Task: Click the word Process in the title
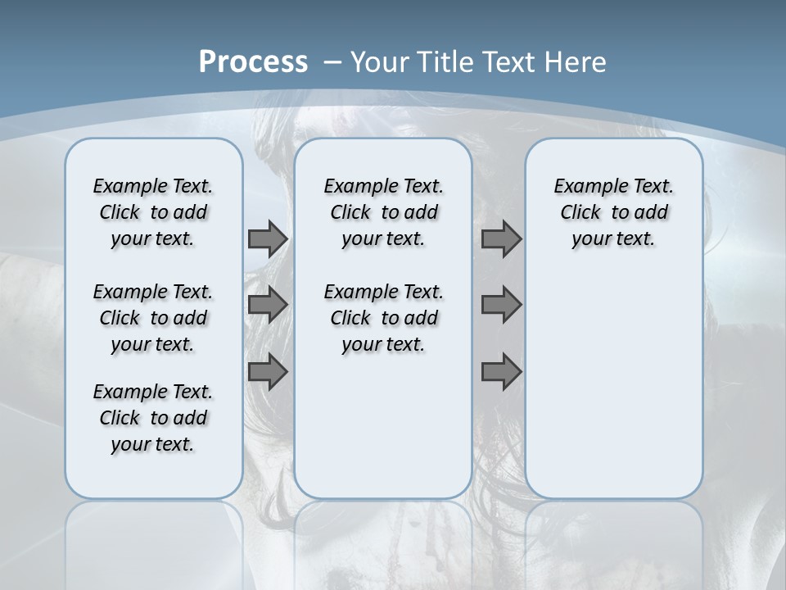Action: [x=253, y=61]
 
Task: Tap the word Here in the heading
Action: [x=576, y=61]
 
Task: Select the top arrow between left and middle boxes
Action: [x=267, y=238]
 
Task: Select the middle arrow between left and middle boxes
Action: [x=267, y=305]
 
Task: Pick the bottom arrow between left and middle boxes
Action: [x=267, y=372]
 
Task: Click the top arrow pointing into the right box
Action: [x=501, y=238]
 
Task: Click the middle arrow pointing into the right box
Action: [x=501, y=305]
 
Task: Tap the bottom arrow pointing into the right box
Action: [x=501, y=372]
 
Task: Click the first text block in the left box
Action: [x=152, y=212]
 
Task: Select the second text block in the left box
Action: [x=152, y=318]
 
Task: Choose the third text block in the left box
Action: [x=152, y=418]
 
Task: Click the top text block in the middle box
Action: [x=383, y=212]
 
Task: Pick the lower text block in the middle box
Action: [x=383, y=318]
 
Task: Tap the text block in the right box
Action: [x=613, y=212]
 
